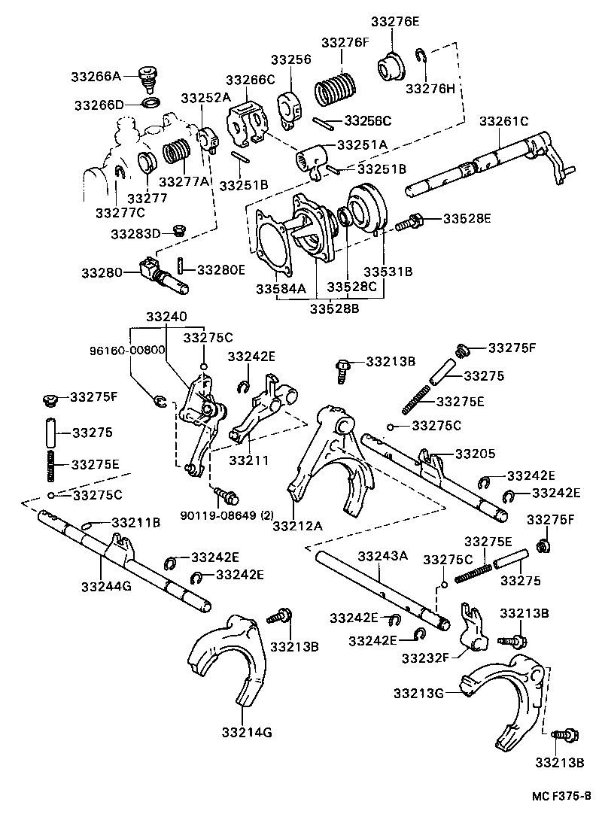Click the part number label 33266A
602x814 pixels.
[96, 76]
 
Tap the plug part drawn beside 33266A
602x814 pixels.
[150, 77]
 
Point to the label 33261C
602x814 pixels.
[504, 120]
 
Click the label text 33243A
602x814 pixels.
[382, 556]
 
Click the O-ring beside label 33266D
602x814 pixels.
[150, 102]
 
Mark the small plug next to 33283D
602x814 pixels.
[178, 230]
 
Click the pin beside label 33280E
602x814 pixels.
[181, 266]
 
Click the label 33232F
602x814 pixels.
[426, 658]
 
